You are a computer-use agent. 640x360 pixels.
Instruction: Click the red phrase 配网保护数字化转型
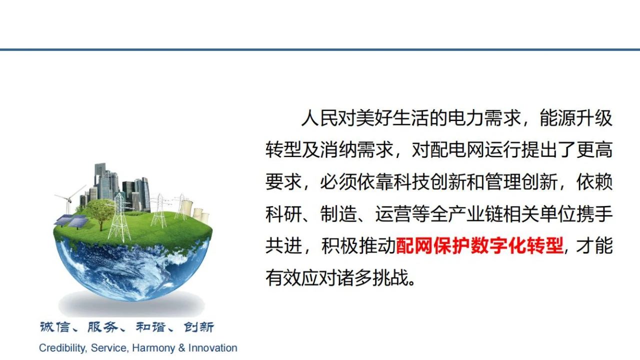point(479,245)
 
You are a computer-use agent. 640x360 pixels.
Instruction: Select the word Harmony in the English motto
point(153,348)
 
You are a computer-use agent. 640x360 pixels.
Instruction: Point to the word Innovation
point(213,348)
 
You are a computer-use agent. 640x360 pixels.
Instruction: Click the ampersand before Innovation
point(181,348)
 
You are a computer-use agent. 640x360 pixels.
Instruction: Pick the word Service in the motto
point(109,348)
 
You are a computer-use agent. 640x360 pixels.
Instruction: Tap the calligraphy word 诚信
point(54,327)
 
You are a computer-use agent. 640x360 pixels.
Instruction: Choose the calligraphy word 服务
point(102,327)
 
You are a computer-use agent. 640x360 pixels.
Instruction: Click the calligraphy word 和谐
point(150,327)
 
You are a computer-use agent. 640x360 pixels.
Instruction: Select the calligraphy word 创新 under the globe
point(198,327)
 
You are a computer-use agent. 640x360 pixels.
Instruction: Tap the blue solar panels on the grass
point(71,221)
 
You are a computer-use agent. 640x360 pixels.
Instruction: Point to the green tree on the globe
point(100,213)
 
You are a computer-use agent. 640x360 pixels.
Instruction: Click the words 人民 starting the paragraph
point(319,118)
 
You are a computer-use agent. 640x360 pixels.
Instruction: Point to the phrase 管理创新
point(520,181)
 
